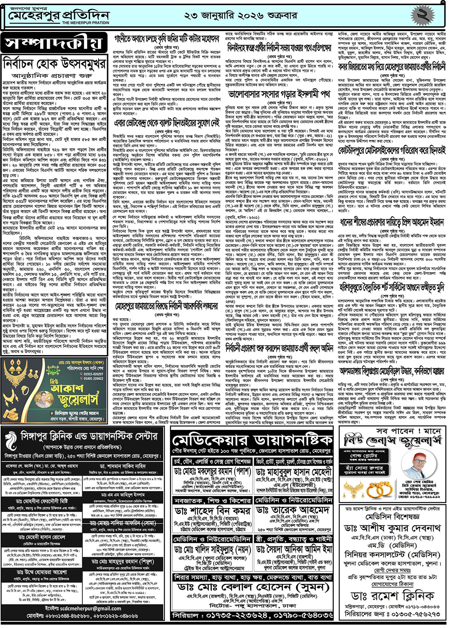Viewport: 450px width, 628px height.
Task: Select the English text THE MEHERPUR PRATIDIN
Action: click(85, 23)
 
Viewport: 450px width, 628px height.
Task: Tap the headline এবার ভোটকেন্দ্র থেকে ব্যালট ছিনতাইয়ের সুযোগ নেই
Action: click(167, 123)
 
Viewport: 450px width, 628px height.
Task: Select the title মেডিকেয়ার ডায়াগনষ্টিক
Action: click(252, 440)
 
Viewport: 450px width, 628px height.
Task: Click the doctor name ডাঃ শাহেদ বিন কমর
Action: click(213, 510)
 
